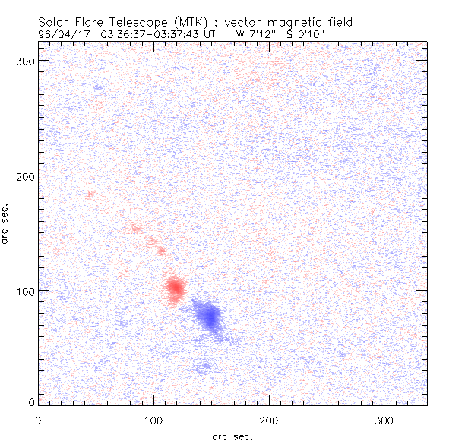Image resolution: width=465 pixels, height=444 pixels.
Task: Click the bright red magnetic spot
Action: pos(176,288)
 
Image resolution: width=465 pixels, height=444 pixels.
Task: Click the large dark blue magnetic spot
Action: pos(207,315)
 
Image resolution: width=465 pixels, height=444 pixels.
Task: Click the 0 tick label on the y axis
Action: pos(30,401)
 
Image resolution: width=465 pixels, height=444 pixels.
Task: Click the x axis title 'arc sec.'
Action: pos(232,436)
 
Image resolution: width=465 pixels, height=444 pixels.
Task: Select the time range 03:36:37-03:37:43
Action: pos(155,33)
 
